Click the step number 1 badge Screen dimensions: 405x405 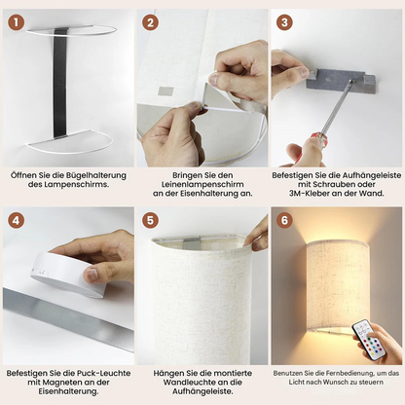coord(17,22)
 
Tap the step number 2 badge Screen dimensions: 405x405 coord(150,22)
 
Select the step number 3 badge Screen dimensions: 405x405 coord(284,22)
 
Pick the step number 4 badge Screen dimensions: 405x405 coord(17,221)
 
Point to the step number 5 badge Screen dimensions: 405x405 coord(150,221)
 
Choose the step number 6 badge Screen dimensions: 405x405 coord(284,221)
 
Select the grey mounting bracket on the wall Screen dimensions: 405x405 coord(341,80)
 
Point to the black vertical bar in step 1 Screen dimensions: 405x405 coord(60,83)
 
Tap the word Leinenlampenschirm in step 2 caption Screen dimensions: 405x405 coord(202,184)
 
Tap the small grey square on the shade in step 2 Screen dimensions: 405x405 coord(166,91)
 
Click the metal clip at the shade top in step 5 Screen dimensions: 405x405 coord(193,241)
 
